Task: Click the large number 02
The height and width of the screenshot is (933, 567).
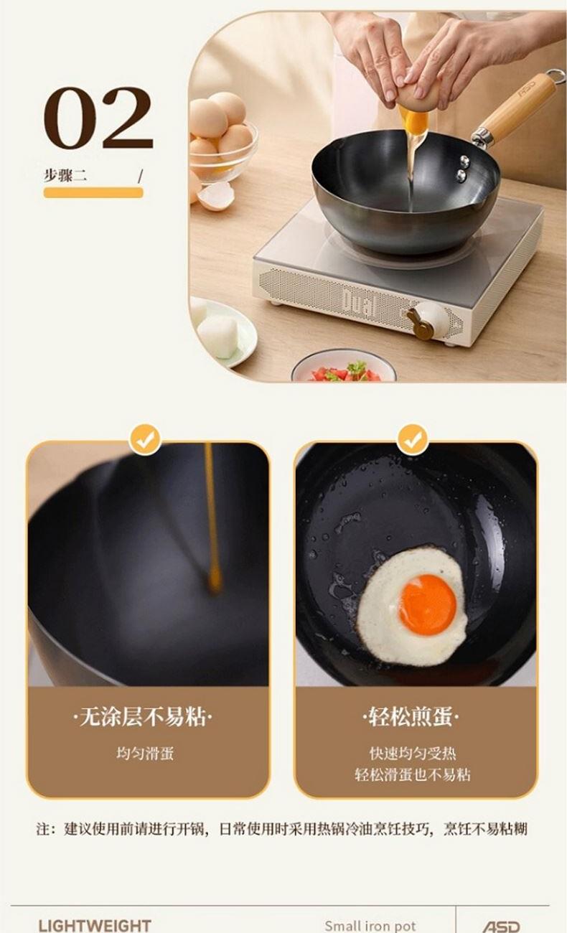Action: coord(98,118)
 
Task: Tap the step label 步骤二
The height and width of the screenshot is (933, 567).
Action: coord(65,175)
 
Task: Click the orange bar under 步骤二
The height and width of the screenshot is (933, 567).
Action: coord(93,192)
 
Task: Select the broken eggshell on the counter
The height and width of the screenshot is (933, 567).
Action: coord(216,196)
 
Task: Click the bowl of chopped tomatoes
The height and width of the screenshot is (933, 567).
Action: coord(344,367)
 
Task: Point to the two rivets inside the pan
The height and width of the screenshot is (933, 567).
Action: coord(462,168)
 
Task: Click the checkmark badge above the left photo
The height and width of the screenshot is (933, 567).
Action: coord(145,440)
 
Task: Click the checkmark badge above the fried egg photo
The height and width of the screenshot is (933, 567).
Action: coord(413,440)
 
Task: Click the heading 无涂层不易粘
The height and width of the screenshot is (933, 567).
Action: coord(143,717)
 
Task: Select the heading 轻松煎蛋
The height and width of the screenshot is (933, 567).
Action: coord(411,717)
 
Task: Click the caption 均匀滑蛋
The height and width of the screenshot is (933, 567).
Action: coord(145,753)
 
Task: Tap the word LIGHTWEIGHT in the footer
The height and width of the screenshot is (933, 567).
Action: coord(95,926)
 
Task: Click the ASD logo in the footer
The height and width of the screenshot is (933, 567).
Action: coord(501,927)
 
